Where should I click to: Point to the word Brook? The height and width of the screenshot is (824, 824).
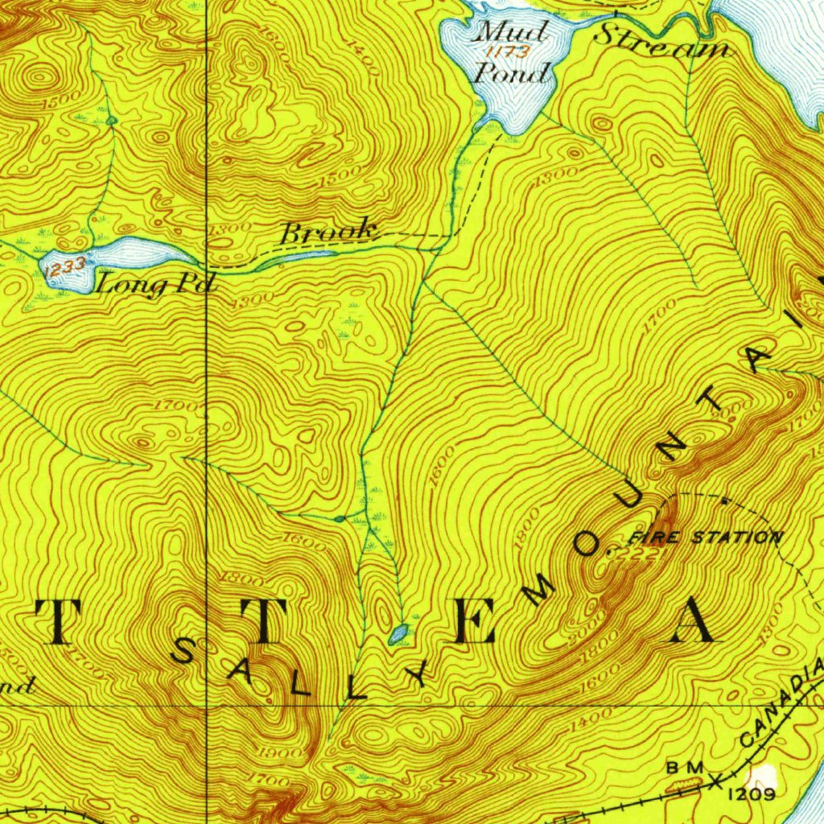[328, 233]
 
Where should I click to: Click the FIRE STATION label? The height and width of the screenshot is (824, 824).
[705, 537]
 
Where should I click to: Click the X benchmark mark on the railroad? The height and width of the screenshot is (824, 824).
[716, 779]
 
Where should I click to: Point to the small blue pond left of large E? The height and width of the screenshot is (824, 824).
[398, 633]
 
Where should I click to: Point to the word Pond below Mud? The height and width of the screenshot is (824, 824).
[513, 74]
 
